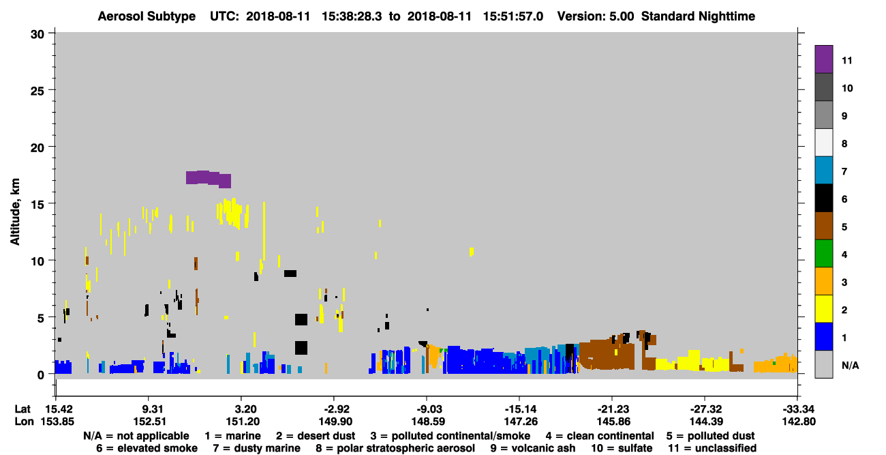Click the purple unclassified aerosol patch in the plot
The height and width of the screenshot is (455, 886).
209,179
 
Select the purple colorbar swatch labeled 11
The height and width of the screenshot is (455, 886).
823,59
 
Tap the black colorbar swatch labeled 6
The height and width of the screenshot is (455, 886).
823,198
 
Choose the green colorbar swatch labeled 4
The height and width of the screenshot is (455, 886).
823,254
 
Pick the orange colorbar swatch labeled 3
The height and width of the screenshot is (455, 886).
823,281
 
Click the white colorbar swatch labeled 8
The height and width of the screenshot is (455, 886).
823,143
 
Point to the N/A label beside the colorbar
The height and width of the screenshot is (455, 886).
850,365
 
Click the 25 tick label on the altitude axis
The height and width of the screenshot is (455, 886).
37,91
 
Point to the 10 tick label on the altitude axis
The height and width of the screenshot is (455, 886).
37,261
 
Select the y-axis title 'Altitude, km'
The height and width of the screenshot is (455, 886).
15,212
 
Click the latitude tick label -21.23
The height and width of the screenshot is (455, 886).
613,409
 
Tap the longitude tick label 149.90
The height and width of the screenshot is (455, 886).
334,422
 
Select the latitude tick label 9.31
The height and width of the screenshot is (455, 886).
152,409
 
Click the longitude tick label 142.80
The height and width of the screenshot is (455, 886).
799,422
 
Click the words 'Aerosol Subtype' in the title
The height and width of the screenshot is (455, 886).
147,16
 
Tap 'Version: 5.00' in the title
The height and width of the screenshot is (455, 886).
596,16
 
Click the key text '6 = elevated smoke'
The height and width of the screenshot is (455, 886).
147,448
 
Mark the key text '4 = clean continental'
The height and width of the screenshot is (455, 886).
600,436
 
